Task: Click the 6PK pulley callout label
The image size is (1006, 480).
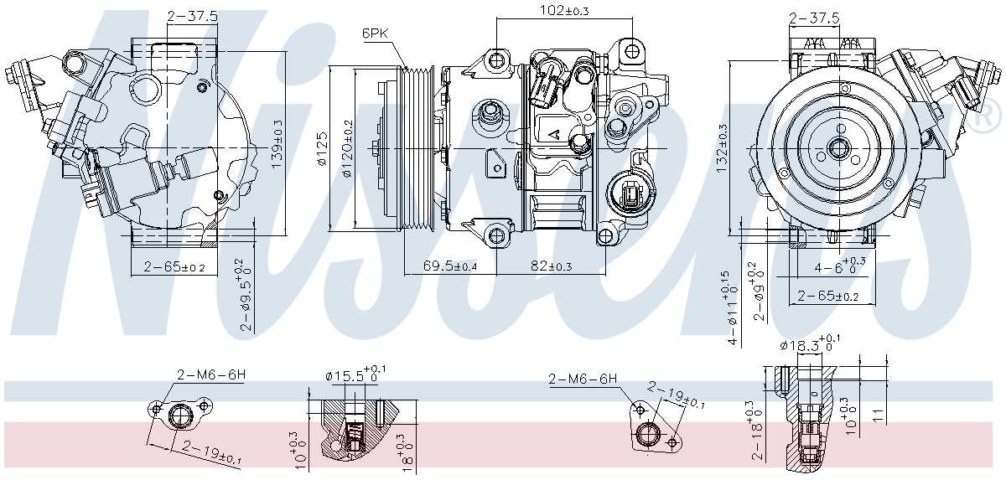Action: pyautogui.click(x=375, y=33)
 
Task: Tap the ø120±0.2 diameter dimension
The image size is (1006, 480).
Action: pyautogui.click(x=348, y=151)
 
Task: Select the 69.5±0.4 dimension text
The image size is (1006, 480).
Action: pyautogui.click(x=449, y=266)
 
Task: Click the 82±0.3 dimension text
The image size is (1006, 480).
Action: pyautogui.click(x=551, y=266)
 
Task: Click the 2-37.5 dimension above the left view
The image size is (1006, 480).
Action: pyautogui.click(x=193, y=16)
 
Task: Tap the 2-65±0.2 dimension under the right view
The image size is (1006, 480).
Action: pyautogui.click(x=828, y=296)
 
